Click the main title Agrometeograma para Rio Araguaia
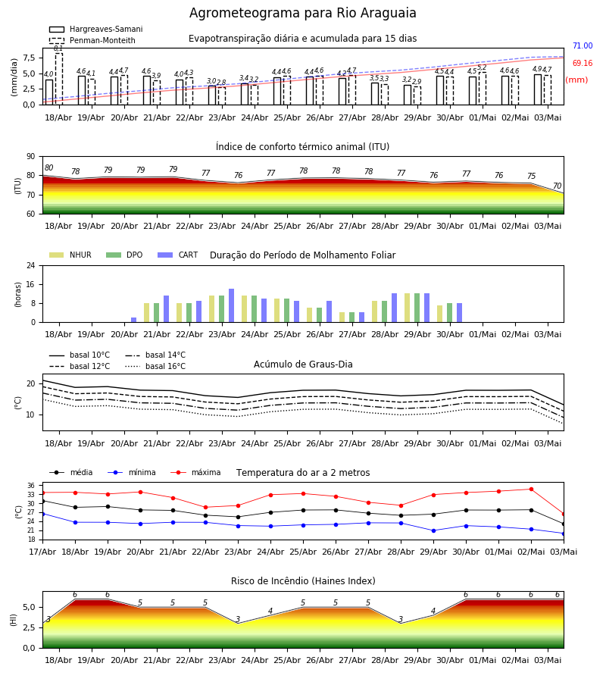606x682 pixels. coord(302,13)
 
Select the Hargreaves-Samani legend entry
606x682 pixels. coord(96,29)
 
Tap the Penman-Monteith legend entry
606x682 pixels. coord(92,40)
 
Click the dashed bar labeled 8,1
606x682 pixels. coord(58,79)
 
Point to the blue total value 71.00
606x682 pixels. coord(583,45)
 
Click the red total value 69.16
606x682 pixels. coord(583,63)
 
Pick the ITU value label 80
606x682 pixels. coord(48,168)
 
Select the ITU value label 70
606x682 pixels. coord(557,186)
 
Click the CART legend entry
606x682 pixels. coord(178,255)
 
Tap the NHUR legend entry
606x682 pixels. coord(70,255)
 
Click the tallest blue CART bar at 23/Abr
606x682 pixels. coord(231,305)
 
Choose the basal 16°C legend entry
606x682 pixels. coord(155,366)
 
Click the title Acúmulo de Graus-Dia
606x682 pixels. coord(303,364)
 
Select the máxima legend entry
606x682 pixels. coord(195,472)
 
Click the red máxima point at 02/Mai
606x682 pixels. coord(531,490)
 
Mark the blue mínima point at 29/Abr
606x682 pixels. coord(433,530)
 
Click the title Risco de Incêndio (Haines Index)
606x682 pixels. coord(303,581)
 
